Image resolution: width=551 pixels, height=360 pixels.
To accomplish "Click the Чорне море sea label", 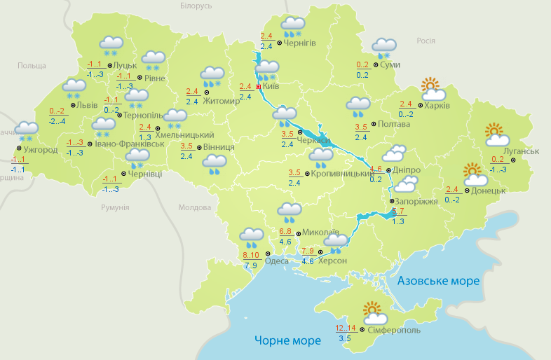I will click(x=287, y=340).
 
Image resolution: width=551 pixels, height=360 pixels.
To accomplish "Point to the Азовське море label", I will click(x=438, y=281).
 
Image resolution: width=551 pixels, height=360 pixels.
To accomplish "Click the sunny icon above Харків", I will click(x=433, y=89).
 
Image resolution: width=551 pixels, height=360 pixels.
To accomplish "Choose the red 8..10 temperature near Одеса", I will click(x=250, y=255).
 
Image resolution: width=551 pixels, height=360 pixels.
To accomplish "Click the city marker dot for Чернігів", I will click(x=279, y=43).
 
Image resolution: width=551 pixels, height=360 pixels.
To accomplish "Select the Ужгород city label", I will click(x=39, y=150).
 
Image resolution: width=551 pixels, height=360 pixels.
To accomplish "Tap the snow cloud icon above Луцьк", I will click(x=111, y=46).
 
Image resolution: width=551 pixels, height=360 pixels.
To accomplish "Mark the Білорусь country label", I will click(x=196, y=6).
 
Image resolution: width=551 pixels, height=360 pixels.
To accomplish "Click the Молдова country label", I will click(x=194, y=208).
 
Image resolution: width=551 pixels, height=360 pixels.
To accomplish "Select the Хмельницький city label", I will click(x=184, y=134).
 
